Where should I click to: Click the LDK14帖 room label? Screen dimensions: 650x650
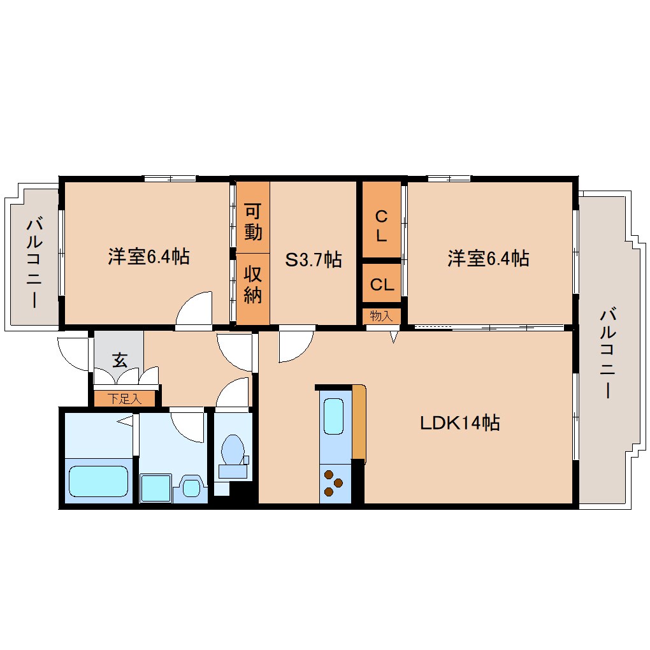459,423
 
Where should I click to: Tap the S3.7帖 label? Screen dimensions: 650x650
314,259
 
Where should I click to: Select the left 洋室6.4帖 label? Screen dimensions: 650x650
149,257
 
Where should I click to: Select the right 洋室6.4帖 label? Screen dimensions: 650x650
488,258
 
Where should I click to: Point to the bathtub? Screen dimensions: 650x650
98,481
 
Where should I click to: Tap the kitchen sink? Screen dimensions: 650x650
333,416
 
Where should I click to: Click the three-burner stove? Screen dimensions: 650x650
333,483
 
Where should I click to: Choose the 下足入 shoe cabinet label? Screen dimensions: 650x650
124,399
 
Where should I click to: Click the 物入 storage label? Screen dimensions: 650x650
381,316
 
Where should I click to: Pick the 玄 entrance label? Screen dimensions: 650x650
120,360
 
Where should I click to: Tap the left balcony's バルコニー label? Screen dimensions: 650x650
34,263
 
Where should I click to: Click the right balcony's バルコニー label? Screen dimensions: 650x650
608,353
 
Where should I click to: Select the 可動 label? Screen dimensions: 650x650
253,222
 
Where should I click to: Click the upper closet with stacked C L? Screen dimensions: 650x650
382,220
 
